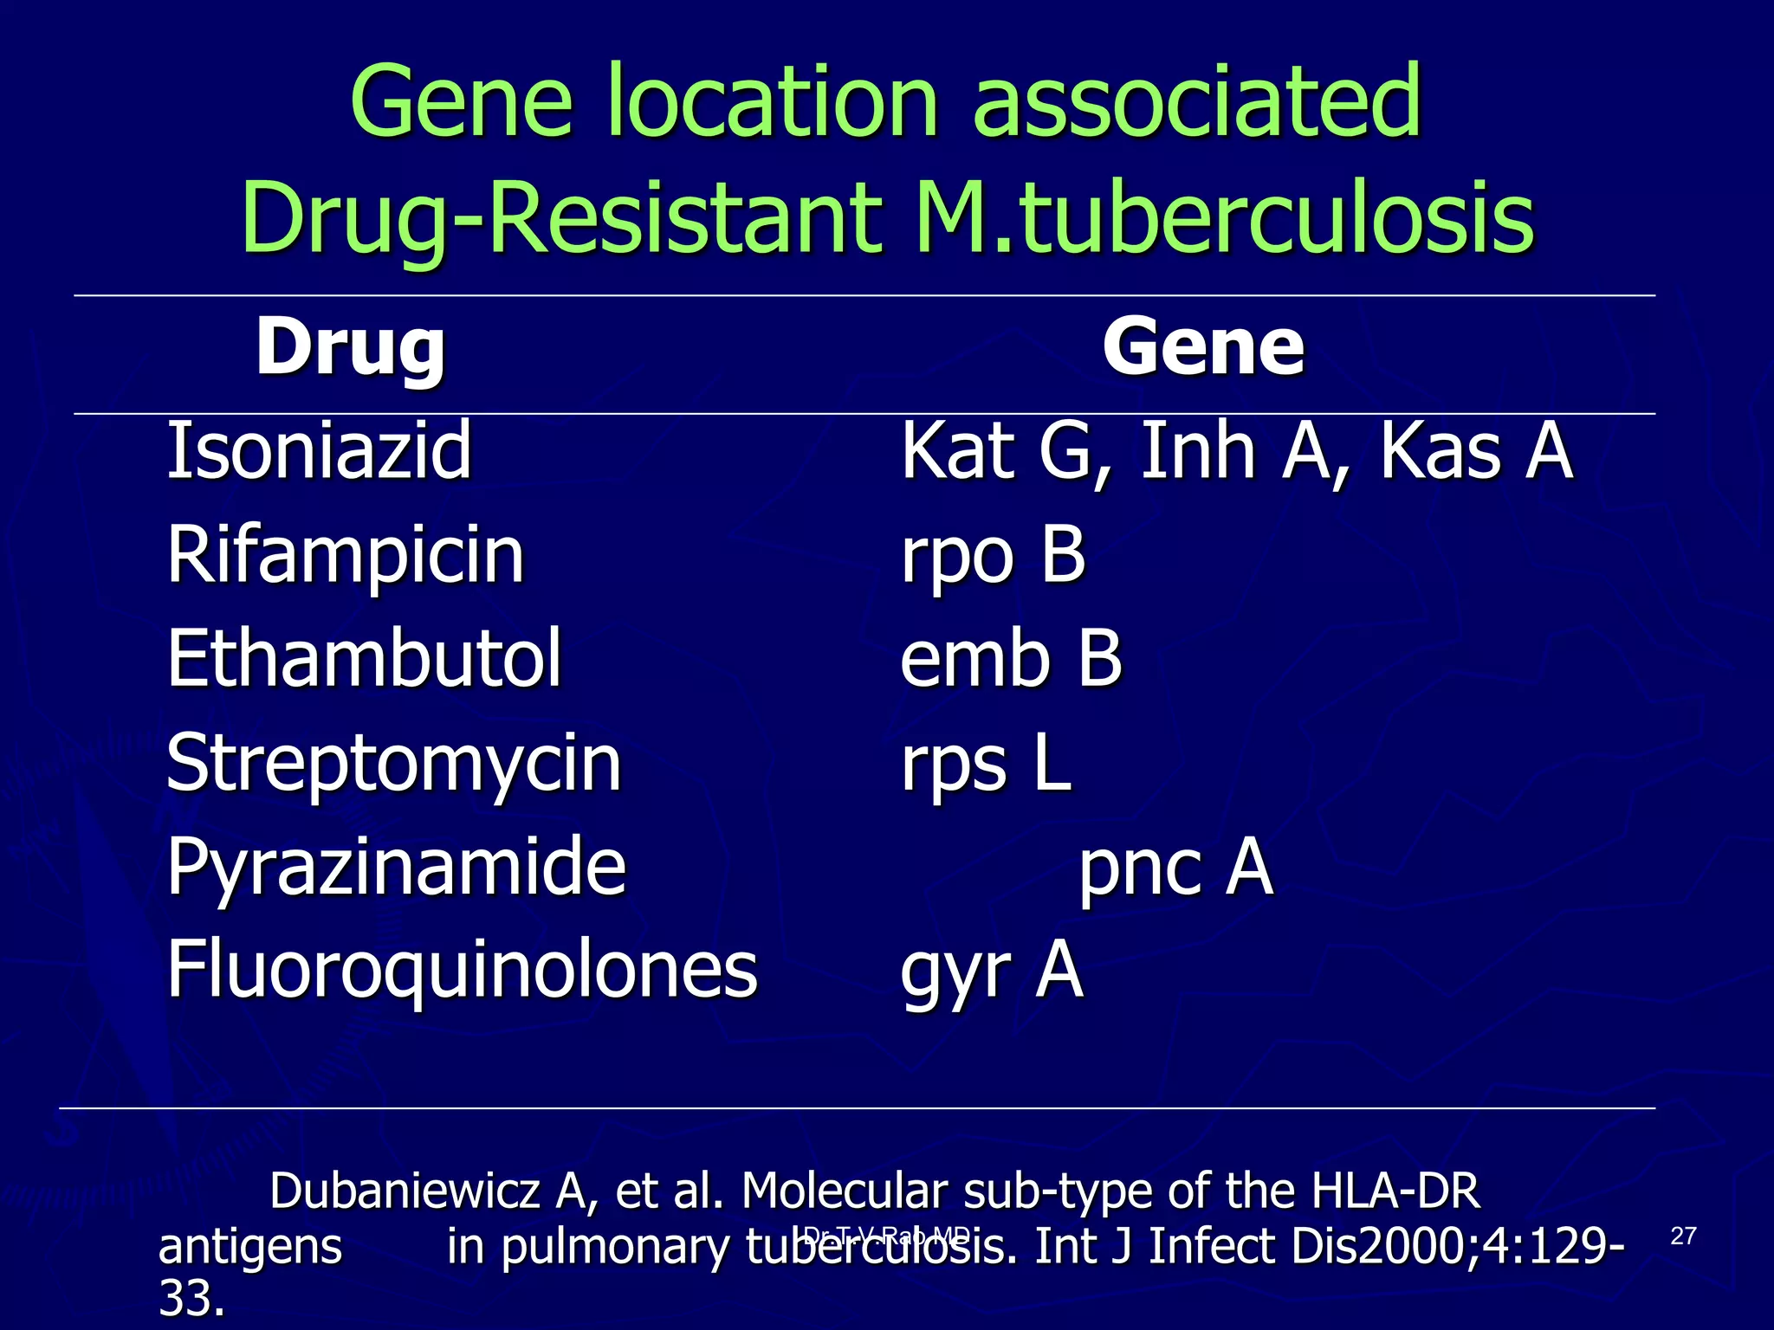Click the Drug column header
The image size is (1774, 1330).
pos(350,349)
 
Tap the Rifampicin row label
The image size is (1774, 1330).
pos(346,555)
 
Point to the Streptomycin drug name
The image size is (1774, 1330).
pos(393,764)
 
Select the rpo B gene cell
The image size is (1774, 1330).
pos(993,555)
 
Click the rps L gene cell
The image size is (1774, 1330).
pos(986,764)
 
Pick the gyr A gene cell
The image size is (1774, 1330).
pos(992,972)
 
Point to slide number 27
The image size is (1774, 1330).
pos(1682,1236)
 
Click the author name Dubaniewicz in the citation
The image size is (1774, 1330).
pos(405,1191)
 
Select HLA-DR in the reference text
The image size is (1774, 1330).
pos(1395,1191)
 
